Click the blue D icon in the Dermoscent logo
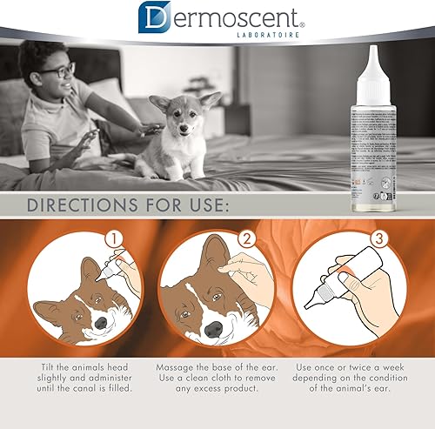click(152, 18)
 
